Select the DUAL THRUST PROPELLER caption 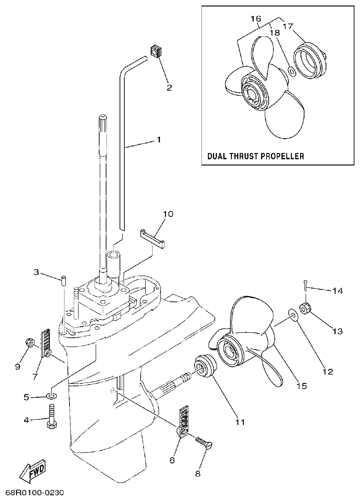255,156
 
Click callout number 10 168,214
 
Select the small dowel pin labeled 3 64,280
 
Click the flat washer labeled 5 52,395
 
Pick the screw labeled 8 204,443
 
